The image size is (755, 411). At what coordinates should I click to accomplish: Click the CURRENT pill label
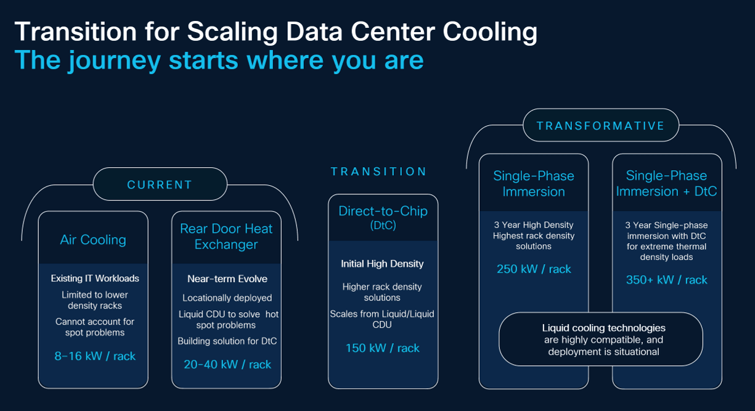160,185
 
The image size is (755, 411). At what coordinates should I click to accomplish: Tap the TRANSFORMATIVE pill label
601,125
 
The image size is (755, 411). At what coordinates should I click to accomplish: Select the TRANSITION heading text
378,172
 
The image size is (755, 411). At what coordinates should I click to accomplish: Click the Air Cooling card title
93,239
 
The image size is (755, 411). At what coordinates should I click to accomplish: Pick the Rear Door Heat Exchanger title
226,236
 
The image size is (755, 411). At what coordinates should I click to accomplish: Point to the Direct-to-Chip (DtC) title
383,218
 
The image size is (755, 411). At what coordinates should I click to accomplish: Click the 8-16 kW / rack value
95,356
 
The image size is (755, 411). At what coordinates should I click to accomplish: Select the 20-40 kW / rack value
227,365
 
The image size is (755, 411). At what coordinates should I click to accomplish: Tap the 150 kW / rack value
383,348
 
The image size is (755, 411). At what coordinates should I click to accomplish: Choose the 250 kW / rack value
534,269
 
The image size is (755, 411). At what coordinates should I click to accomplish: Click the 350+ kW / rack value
666,280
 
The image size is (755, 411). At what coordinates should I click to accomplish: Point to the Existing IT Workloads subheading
95,278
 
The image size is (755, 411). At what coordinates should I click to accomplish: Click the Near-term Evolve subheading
227,279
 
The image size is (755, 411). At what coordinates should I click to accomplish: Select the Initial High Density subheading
382,264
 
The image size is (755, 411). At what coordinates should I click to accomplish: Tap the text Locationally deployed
227,298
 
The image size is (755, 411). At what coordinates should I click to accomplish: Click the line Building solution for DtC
227,341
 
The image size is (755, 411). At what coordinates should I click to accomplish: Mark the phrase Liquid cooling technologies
603,328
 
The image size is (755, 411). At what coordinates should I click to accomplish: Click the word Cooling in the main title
490,32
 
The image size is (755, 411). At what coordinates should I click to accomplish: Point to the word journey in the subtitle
114,60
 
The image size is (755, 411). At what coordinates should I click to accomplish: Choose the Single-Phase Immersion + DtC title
666,183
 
